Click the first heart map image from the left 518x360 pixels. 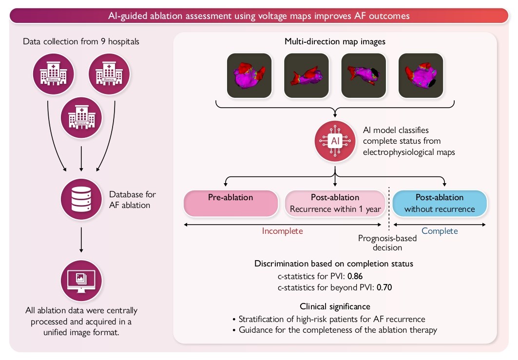pyautogui.click(x=249, y=75)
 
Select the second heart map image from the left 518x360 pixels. pyautogui.click(x=307, y=75)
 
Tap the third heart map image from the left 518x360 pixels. pyautogui.click(x=364, y=75)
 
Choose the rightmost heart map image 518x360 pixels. pyautogui.click(x=421, y=75)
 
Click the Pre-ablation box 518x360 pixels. pyautogui.click(x=230, y=203)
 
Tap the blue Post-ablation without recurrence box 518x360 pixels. pyautogui.click(x=439, y=203)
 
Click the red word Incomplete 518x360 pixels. pyautogui.click(x=283, y=231)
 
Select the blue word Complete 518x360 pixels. pyautogui.click(x=440, y=231)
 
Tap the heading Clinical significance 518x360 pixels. pyautogui.click(x=335, y=306)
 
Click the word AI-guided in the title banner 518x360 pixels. pyautogui.click(x=128, y=16)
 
